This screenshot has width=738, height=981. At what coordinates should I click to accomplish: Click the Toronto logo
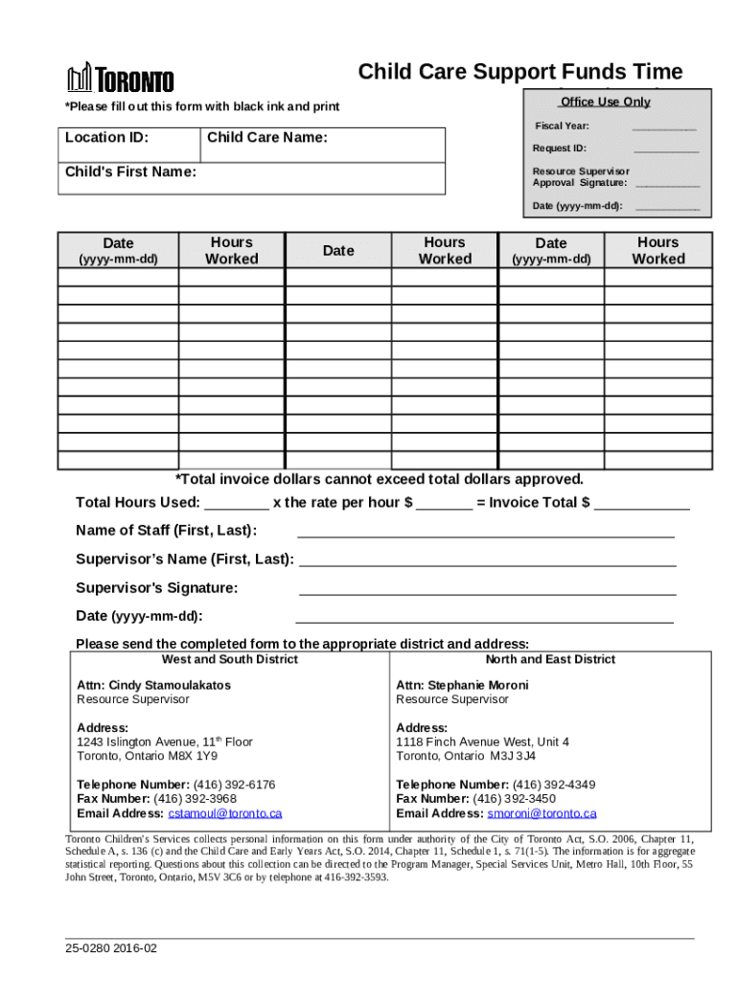pyautogui.click(x=120, y=79)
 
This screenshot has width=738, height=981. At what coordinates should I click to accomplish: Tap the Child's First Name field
pyautogui.click(x=251, y=179)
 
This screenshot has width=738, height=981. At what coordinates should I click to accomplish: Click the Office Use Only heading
pyautogui.click(x=605, y=102)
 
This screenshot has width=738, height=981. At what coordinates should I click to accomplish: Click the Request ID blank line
pyautogui.click(x=665, y=148)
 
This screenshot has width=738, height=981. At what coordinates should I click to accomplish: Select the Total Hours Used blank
pyautogui.click(x=237, y=504)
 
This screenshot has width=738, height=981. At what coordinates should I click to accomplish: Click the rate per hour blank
pyautogui.click(x=444, y=504)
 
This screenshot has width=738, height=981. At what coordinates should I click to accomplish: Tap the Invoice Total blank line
pyautogui.click(x=641, y=504)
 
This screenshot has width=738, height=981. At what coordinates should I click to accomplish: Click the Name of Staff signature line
pyautogui.click(x=486, y=533)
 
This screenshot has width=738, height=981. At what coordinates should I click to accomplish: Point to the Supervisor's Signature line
pyautogui.click(x=487, y=590)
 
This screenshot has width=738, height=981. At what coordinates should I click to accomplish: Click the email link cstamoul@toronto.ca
pyautogui.click(x=225, y=813)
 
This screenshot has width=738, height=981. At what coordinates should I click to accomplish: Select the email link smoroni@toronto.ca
pyautogui.click(x=542, y=813)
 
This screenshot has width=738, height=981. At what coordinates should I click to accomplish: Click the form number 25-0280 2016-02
pyautogui.click(x=111, y=947)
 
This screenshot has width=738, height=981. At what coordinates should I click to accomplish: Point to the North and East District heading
pyautogui.click(x=550, y=659)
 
